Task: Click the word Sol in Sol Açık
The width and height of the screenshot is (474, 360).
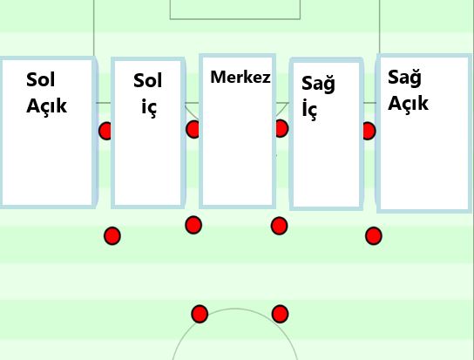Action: pos(40,80)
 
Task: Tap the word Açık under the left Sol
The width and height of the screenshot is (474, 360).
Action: pos(46,105)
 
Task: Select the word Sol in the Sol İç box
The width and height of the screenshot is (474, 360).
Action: pos(148,80)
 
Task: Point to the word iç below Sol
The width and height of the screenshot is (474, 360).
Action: pos(149,107)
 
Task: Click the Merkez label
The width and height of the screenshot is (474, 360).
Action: pos(240,77)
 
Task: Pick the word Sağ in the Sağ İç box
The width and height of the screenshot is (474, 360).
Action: pos(318,84)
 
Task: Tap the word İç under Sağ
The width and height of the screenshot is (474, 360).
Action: pos(309,109)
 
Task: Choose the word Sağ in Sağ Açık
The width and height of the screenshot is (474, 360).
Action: pos(404,78)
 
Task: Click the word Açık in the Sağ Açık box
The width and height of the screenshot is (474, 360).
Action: pos(408,103)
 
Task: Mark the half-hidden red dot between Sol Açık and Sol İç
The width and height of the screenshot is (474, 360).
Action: pos(105,131)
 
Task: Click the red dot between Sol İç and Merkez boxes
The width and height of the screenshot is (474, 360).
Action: pos(193,129)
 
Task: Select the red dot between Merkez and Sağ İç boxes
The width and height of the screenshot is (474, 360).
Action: pos(281,128)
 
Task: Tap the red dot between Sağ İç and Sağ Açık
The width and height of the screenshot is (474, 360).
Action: pos(369,131)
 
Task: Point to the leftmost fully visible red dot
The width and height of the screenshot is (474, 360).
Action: pos(112,236)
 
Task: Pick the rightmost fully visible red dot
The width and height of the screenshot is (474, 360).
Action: pos(374,236)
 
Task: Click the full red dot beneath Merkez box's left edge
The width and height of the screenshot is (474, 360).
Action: pos(193,225)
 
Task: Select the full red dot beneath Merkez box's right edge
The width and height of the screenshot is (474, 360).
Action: pos(280,226)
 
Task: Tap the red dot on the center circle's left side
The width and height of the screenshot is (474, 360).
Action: pos(200,314)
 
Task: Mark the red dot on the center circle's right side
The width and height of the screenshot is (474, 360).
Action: pos(280,314)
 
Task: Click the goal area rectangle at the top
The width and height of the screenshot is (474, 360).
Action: pos(235,19)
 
